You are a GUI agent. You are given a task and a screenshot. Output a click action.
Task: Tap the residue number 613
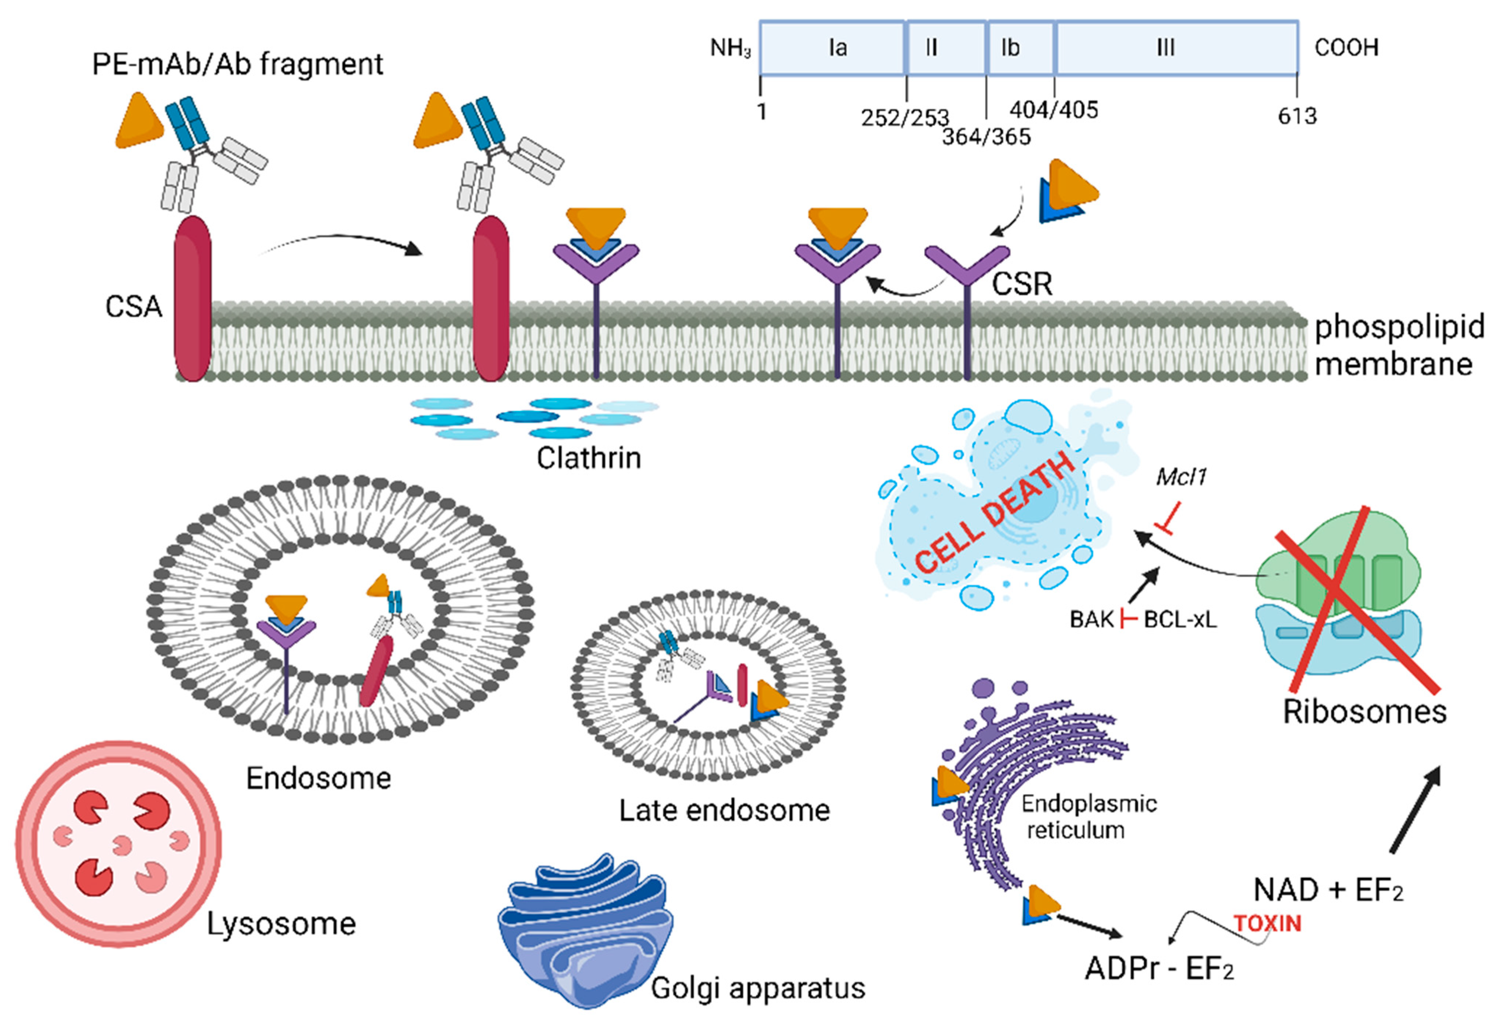pyautogui.click(x=1296, y=116)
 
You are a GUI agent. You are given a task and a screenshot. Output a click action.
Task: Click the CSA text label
pyautogui.click(x=133, y=307)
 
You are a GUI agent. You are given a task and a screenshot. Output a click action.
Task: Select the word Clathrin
pyautogui.click(x=588, y=458)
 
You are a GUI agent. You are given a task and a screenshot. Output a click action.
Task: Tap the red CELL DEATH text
pyautogui.click(x=995, y=513)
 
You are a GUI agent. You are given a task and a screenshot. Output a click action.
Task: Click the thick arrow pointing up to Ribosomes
pyautogui.click(x=1415, y=811)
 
